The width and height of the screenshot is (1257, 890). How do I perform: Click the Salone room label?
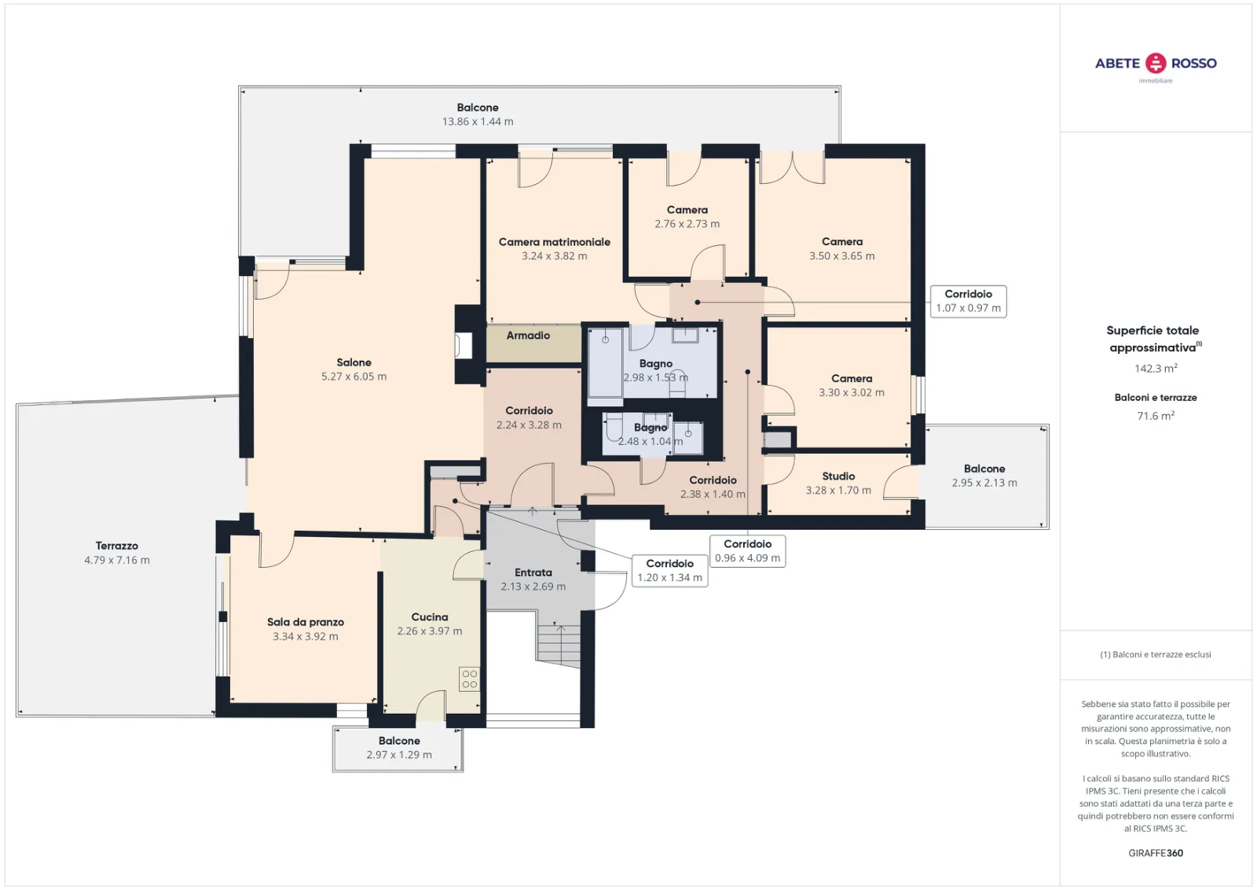(x=354, y=362)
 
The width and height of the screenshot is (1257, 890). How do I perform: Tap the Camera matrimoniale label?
(x=555, y=242)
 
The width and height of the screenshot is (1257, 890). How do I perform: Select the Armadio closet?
(x=533, y=343)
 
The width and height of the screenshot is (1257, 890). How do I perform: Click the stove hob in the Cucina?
(x=469, y=679)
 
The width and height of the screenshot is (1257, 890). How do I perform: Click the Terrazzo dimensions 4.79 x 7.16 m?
(x=117, y=560)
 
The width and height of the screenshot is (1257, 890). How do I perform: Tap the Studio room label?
(x=838, y=476)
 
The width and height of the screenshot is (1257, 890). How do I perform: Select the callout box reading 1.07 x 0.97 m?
(x=968, y=302)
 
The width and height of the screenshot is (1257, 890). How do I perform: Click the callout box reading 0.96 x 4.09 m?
(x=747, y=551)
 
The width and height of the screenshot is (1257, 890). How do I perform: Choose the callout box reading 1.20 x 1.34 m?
(x=669, y=571)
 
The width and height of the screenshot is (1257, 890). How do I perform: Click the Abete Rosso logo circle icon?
(x=1156, y=63)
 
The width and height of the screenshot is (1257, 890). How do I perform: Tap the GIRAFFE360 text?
(x=1156, y=853)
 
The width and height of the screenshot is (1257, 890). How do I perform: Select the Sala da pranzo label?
(x=306, y=622)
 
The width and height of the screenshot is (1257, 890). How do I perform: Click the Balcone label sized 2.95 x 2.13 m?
(x=984, y=469)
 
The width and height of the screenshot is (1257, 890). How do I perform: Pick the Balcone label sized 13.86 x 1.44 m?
(x=478, y=108)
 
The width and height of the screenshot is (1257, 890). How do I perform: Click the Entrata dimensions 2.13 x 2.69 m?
(x=533, y=587)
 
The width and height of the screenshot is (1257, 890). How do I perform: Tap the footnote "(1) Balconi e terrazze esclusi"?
(x=1156, y=654)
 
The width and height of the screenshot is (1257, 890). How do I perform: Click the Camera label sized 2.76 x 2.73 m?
(x=687, y=210)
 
